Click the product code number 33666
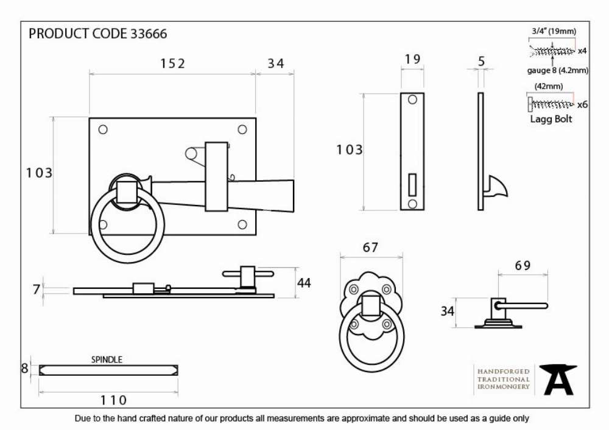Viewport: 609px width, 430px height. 149,33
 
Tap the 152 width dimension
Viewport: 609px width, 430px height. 173,63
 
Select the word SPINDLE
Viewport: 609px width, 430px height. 107,360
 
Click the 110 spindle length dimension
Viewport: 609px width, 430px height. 113,400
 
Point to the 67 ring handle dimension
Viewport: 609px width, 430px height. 370,248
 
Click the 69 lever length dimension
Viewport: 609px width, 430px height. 523,266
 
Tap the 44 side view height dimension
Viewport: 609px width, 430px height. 304,283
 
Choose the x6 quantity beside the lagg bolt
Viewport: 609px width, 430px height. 582,105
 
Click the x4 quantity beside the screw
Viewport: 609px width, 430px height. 582,51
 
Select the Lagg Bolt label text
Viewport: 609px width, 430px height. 551,119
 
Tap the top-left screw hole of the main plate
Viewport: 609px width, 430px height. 103,130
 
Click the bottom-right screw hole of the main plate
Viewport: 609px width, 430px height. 242,224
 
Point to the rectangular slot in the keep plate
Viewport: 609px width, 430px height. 412,184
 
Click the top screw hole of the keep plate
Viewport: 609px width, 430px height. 412,100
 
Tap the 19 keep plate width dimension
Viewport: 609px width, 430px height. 412,60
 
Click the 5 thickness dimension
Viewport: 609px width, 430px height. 482,61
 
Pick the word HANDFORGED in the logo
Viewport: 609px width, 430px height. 504,372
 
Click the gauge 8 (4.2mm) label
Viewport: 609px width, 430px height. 558,71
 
